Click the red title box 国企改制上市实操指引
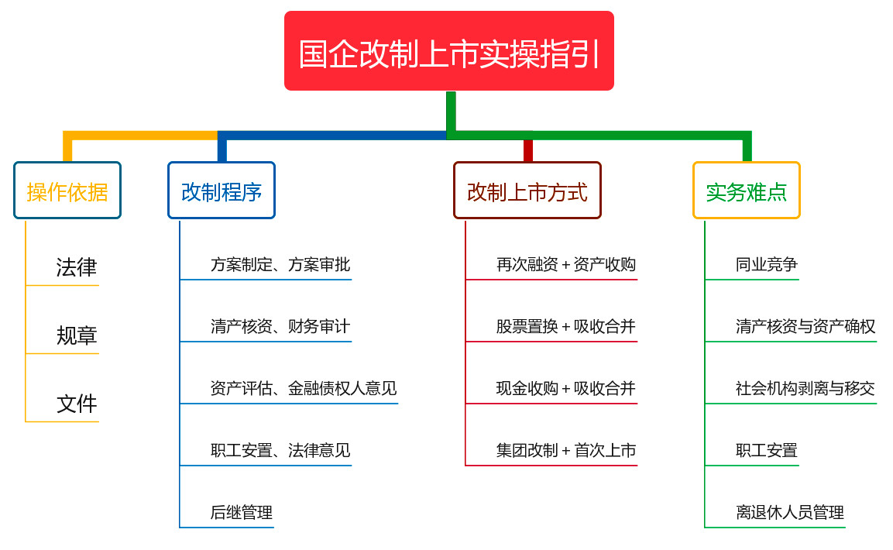[x=448, y=50]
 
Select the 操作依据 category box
[x=67, y=190]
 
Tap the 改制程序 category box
[x=222, y=190]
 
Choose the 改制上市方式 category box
[x=527, y=190]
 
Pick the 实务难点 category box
[x=747, y=190]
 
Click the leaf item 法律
[x=77, y=267]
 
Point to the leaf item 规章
[x=77, y=335]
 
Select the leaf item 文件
[x=77, y=404]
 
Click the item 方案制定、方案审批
[x=280, y=265]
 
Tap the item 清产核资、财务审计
[x=280, y=327]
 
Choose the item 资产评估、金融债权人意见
[x=304, y=389]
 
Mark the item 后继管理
[x=242, y=513]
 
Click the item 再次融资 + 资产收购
[x=566, y=265]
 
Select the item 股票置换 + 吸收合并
[x=566, y=327]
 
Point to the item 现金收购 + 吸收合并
[x=566, y=389]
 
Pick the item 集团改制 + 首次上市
[x=566, y=451]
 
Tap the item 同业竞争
[x=767, y=265]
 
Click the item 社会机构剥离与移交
[x=805, y=389]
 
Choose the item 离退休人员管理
[x=790, y=513]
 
